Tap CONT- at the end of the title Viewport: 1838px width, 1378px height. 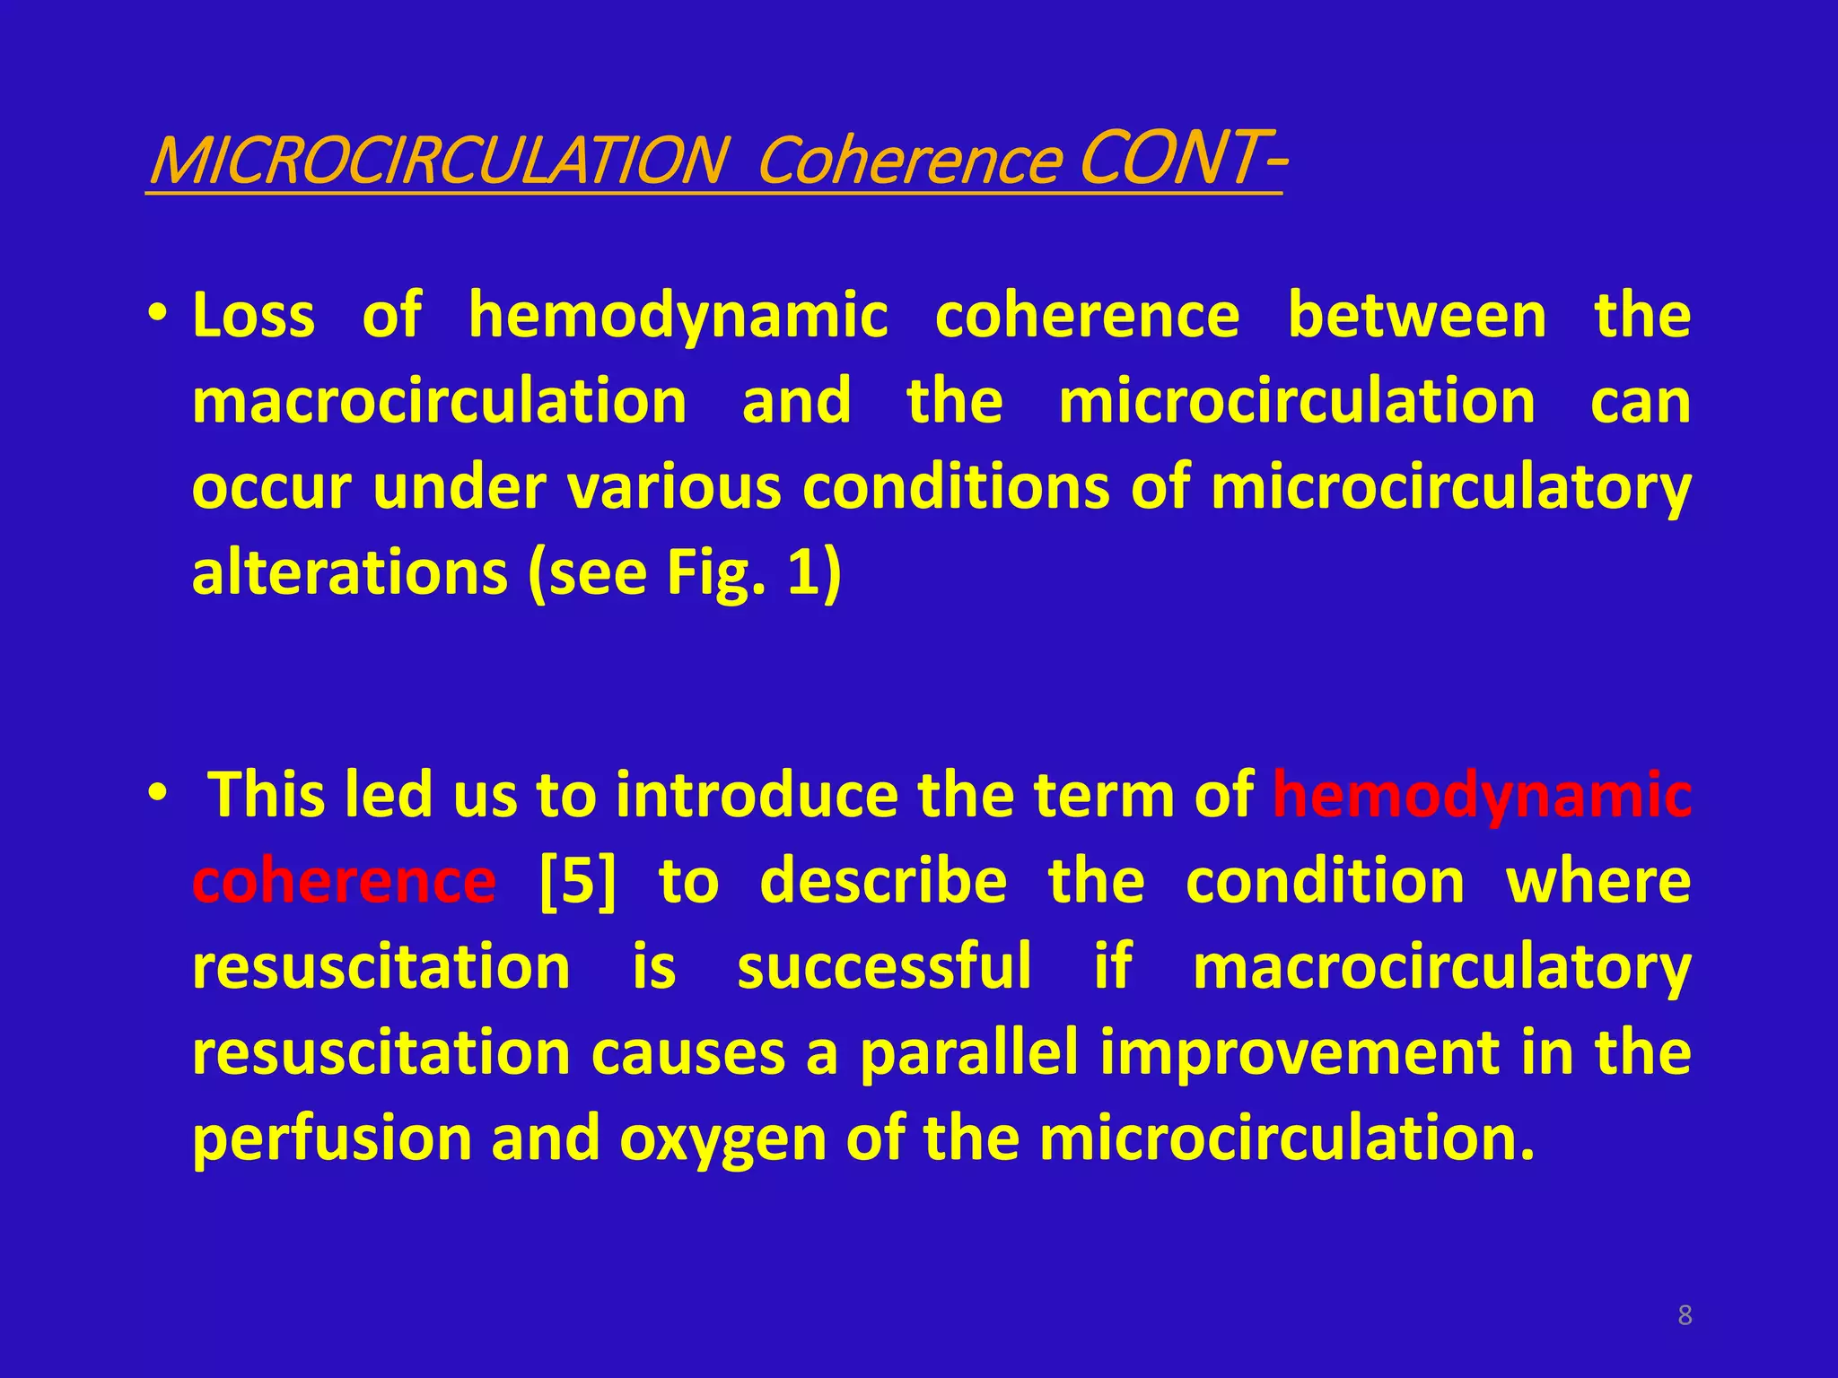click(1181, 157)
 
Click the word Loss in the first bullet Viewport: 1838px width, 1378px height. click(254, 316)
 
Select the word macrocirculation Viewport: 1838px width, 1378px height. click(440, 401)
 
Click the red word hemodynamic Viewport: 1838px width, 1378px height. click(1482, 795)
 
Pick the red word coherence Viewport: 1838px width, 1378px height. click(344, 881)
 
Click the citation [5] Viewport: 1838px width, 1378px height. click(578, 881)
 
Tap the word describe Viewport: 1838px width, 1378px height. click(883, 881)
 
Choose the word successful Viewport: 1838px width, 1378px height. click(884, 967)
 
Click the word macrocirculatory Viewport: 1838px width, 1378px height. click(1441, 967)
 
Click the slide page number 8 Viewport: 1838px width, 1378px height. click(1685, 1316)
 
